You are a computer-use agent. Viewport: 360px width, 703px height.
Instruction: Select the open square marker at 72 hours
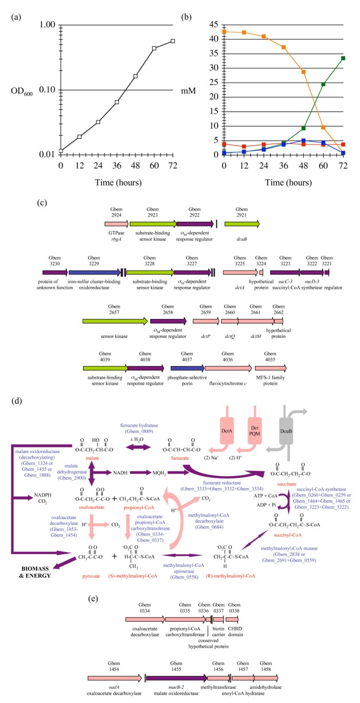click(x=173, y=41)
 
